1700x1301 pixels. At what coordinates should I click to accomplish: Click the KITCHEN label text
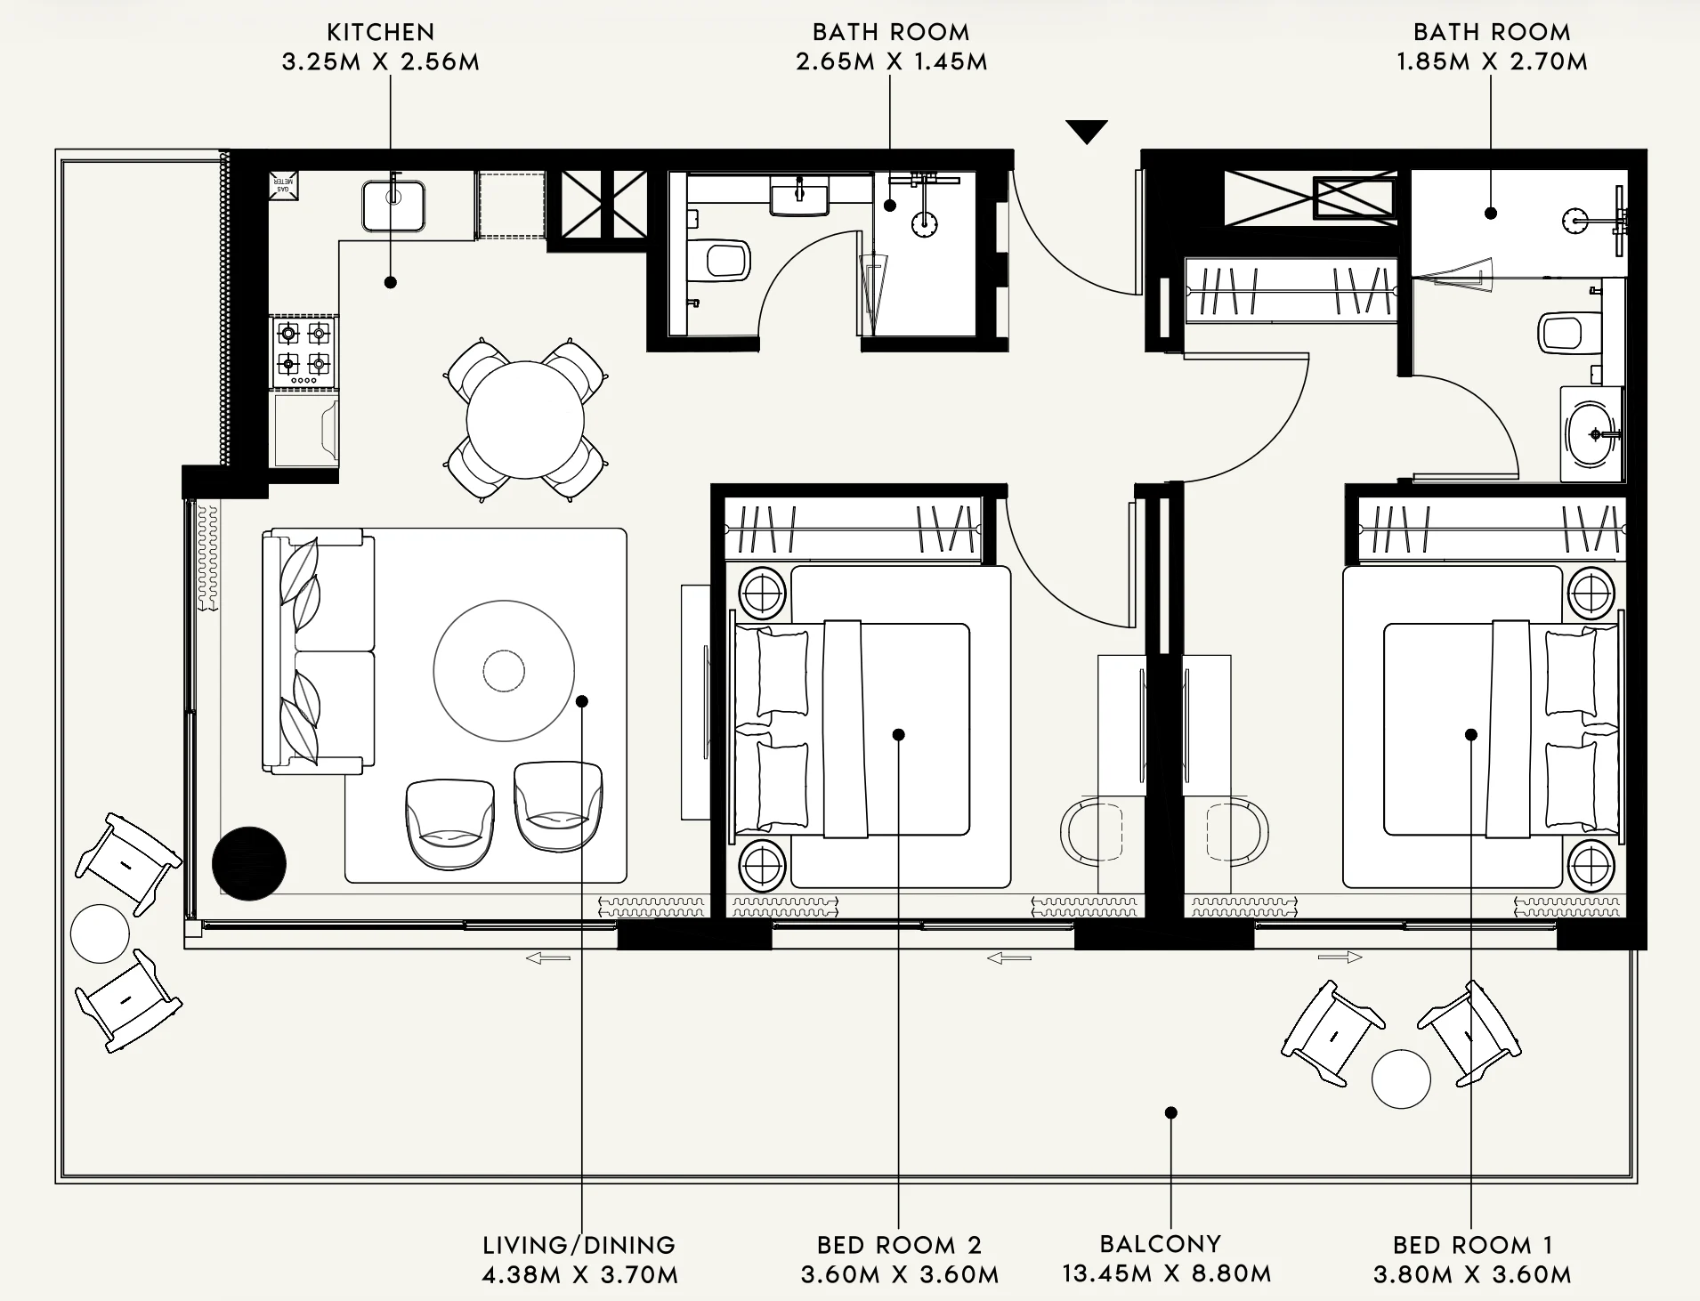(x=381, y=32)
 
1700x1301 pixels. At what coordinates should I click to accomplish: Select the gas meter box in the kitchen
(x=284, y=185)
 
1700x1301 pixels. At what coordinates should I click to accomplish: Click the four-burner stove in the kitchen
(x=304, y=352)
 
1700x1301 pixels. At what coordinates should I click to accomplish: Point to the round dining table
(x=525, y=420)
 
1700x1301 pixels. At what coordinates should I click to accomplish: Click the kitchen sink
(x=393, y=206)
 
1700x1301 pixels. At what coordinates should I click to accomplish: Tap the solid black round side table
(x=249, y=863)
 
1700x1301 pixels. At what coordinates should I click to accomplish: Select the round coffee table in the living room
(x=504, y=671)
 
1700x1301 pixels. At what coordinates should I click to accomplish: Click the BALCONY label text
(x=1161, y=1244)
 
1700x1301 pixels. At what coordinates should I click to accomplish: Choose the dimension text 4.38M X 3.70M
(x=579, y=1275)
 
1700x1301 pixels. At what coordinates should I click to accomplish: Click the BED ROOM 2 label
(x=899, y=1245)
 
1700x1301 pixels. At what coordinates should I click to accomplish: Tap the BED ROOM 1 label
(x=1473, y=1245)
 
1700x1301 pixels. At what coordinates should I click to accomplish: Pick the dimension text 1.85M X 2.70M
(x=1492, y=61)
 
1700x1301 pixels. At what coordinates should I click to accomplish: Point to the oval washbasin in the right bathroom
(x=1590, y=434)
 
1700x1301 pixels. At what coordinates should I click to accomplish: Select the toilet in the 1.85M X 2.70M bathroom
(x=1562, y=333)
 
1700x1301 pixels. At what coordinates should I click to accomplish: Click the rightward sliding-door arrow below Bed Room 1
(x=1340, y=958)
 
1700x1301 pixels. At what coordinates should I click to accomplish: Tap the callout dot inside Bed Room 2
(x=899, y=735)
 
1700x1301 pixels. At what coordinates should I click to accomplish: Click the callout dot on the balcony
(x=1171, y=1112)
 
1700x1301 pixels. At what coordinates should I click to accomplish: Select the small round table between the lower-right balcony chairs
(x=1401, y=1079)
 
